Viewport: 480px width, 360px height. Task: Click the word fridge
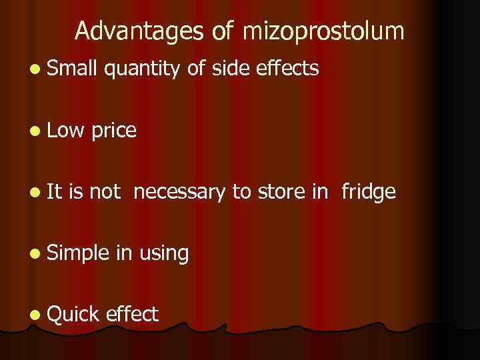tap(369, 193)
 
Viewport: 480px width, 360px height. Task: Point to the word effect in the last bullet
tap(131, 314)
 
